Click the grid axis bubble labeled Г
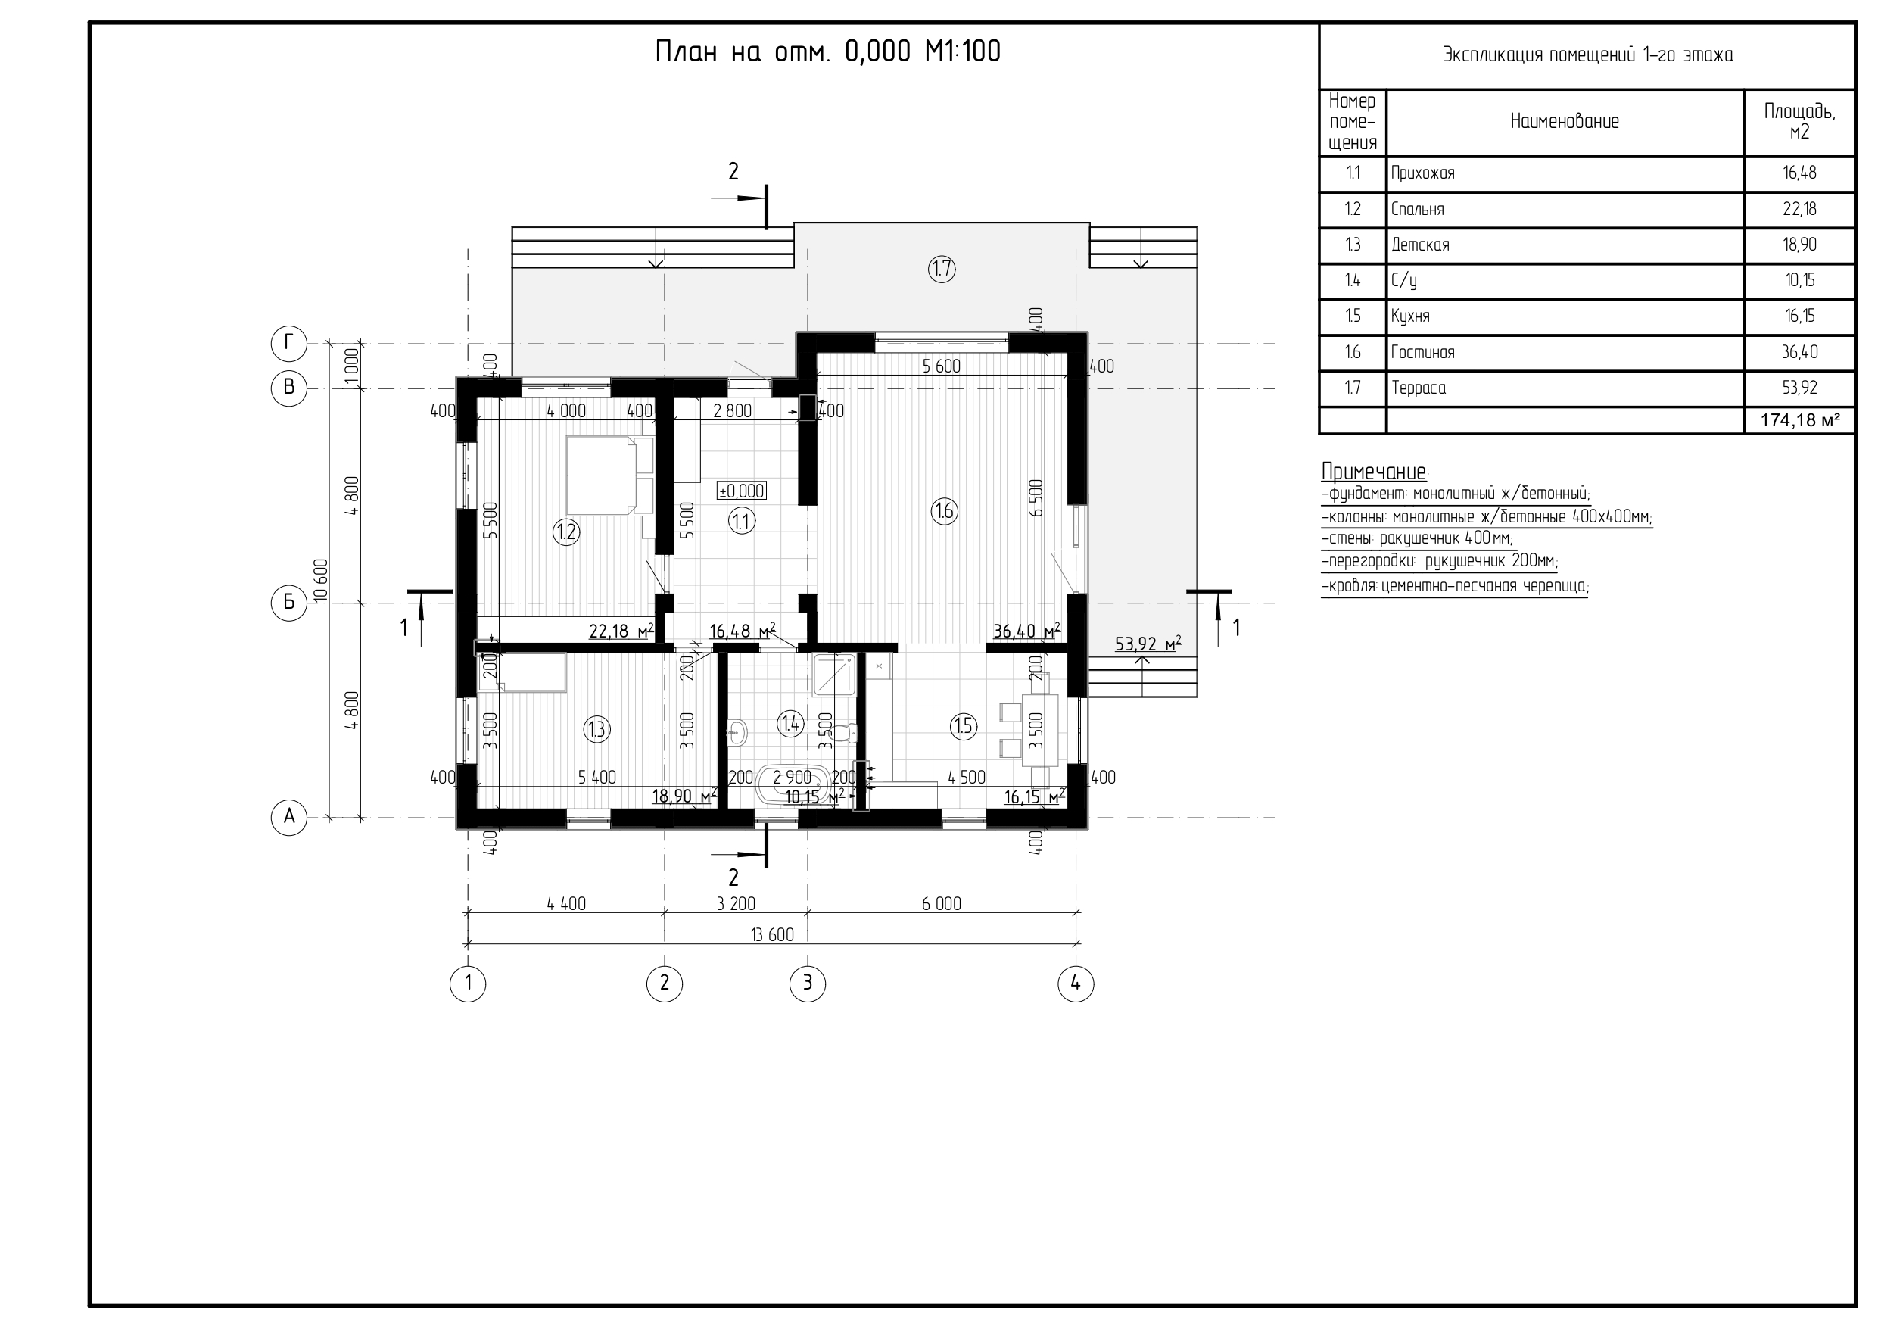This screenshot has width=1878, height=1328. pyautogui.click(x=288, y=344)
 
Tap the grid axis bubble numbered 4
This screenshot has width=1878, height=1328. pyautogui.click(x=1076, y=984)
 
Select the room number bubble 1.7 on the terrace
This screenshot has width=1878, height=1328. pyautogui.click(x=942, y=270)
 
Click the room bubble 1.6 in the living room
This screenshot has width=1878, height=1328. pyautogui.click(x=944, y=511)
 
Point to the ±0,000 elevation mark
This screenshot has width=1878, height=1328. pyautogui.click(x=741, y=491)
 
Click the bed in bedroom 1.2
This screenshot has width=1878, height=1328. pyautogui.click(x=610, y=475)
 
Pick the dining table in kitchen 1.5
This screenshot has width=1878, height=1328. pyautogui.click(x=1039, y=731)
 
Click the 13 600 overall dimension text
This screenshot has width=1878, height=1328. pyautogui.click(x=771, y=934)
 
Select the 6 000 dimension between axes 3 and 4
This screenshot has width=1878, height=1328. pyautogui.click(x=942, y=903)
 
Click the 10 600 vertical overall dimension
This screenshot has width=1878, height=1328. pyautogui.click(x=321, y=580)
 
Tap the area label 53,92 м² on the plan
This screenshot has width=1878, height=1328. pyautogui.click(x=1148, y=644)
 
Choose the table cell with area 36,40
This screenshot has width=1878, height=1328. pyautogui.click(x=1799, y=352)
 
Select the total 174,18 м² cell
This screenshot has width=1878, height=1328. pyautogui.click(x=1799, y=419)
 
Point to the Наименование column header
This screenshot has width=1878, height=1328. pyautogui.click(x=1564, y=122)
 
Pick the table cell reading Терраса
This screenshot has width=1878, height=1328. pyautogui.click(x=1419, y=388)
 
